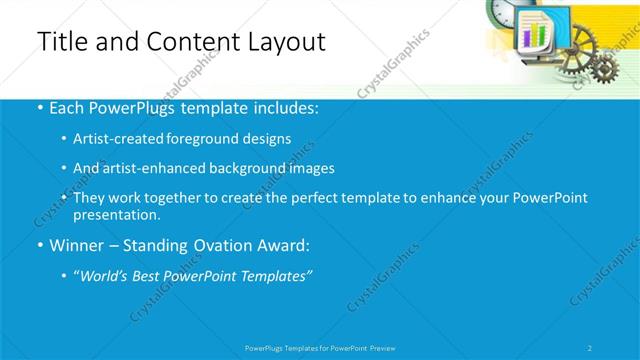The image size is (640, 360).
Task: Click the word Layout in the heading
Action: pos(283,42)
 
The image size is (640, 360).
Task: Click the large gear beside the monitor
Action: pos(577,42)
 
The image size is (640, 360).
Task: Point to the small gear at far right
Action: pos(603,68)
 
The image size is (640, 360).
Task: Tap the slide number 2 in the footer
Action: pos(590,348)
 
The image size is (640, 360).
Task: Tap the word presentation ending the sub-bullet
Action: pos(116,215)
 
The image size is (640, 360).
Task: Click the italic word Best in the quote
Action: pos(149,275)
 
